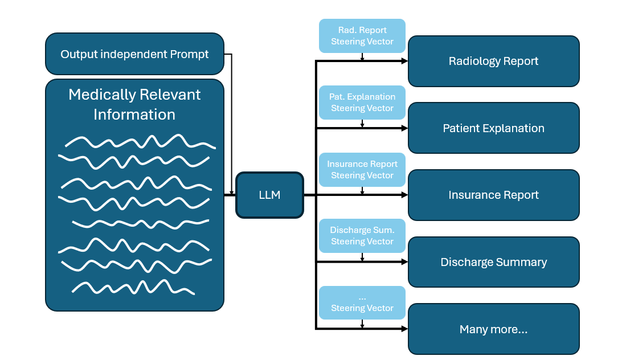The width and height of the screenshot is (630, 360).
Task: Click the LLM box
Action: coord(269,195)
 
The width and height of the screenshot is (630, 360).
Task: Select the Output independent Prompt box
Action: coord(134,54)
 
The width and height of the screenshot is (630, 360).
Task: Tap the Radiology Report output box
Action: coord(493,61)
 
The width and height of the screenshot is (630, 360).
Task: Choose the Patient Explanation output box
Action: coord(493,128)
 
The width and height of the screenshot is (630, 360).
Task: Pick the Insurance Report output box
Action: coord(493,195)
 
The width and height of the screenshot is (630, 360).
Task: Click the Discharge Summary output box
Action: coord(493,262)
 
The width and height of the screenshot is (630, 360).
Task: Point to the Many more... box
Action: coord(493,329)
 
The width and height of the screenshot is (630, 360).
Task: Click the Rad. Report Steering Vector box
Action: coord(362,36)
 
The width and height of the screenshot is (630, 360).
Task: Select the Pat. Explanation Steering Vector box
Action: coord(362,103)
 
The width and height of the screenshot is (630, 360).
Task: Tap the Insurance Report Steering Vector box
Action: coord(362,170)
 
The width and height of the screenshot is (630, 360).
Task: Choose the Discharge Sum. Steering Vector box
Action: coord(362,236)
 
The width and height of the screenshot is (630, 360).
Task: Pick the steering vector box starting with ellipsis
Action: coord(362,302)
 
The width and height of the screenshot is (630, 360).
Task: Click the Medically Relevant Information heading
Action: coord(134,104)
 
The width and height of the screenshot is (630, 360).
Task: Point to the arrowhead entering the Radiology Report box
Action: coord(405,60)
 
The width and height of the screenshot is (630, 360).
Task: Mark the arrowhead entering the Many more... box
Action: coord(405,329)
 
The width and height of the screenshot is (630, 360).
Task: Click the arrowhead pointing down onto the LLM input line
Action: coord(232,193)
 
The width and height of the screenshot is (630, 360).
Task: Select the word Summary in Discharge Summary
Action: coord(522,262)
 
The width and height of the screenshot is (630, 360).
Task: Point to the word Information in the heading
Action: coord(134,114)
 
